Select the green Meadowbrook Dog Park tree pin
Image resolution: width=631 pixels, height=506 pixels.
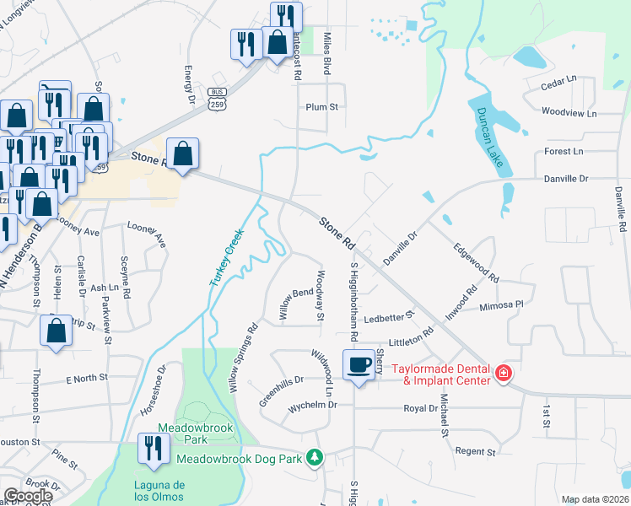coord(315,457)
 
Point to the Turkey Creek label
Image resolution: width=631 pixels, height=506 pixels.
coord(226,257)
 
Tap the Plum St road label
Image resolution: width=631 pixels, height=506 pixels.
coord(321,107)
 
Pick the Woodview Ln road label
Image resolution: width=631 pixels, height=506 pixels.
coord(569,112)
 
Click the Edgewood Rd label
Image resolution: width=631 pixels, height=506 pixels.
coord(477,263)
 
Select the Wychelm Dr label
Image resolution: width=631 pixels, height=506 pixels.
coord(313,405)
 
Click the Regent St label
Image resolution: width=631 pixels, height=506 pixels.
coord(476,452)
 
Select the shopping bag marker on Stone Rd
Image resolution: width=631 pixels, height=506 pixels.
coord(182,154)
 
